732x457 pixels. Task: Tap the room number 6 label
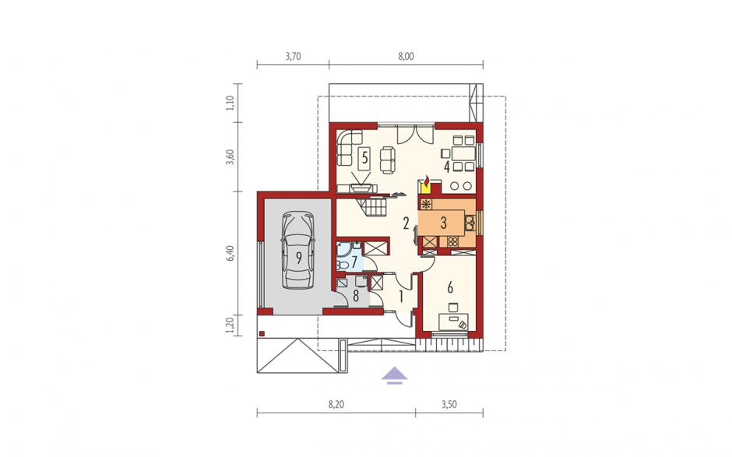pyautogui.click(x=450, y=287)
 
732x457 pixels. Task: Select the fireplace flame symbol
pyautogui.click(x=426, y=180)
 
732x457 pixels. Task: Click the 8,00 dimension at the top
pyautogui.click(x=406, y=57)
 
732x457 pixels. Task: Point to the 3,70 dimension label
pyautogui.click(x=293, y=57)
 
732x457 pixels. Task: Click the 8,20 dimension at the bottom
pyautogui.click(x=336, y=404)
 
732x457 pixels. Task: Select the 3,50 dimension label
pyautogui.click(x=449, y=404)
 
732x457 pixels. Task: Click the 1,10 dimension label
pyautogui.click(x=230, y=103)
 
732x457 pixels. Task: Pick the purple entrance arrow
pyautogui.click(x=395, y=374)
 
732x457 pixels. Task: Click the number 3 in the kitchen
pyautogui.click(x=443, y=223)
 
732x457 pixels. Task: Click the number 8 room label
pyautogui.click(x=356, y=296)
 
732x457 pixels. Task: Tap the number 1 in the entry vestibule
pyautogui.click(x=400, y=296)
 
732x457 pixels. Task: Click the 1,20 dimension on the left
pyautogui.click(x=230, y=325)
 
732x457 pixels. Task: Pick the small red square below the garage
pyautogui.click(x=262, y=333)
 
